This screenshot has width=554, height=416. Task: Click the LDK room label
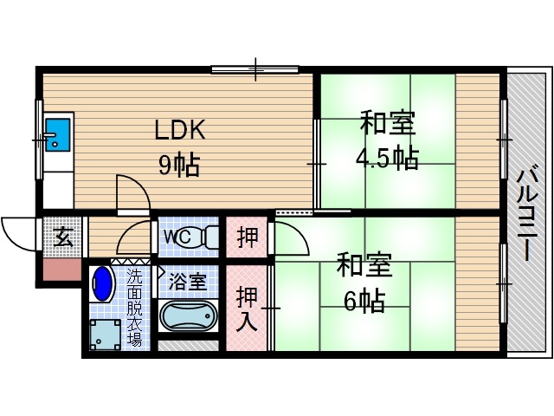179,130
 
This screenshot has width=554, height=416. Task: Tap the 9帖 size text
179,163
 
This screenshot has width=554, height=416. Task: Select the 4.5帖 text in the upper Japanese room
387,158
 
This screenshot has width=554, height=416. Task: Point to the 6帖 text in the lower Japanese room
364,300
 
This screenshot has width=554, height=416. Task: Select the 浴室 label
187,281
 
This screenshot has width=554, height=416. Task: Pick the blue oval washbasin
103,284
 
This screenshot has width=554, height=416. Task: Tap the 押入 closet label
248,308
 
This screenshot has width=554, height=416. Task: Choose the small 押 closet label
248,237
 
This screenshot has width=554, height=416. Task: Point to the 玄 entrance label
63,237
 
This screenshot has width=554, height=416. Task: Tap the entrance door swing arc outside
19,232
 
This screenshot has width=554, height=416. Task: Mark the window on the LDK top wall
254,68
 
